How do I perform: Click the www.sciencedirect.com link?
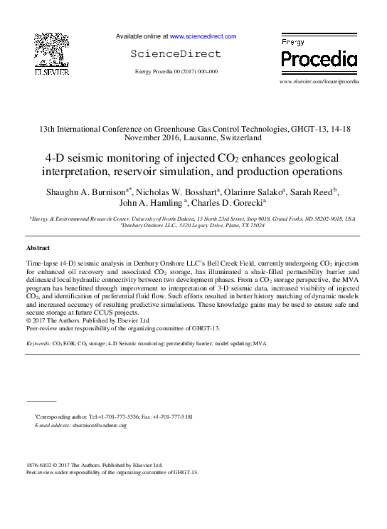(202, 36)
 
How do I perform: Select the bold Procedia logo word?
(319, 59)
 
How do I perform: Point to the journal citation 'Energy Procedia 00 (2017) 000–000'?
(176, 72)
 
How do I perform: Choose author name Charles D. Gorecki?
(217, 204)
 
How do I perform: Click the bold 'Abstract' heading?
(38, 248)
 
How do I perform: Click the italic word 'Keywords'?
(38, 343)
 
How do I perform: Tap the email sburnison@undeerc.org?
(99, 425)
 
